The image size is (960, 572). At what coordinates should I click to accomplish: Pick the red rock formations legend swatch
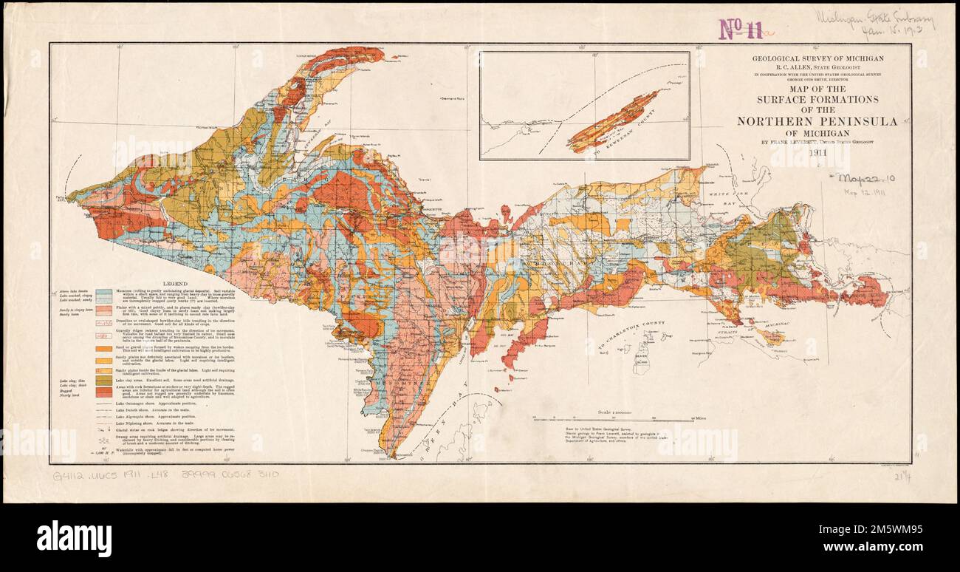103,392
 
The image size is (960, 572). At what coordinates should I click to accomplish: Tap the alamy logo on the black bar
74,537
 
